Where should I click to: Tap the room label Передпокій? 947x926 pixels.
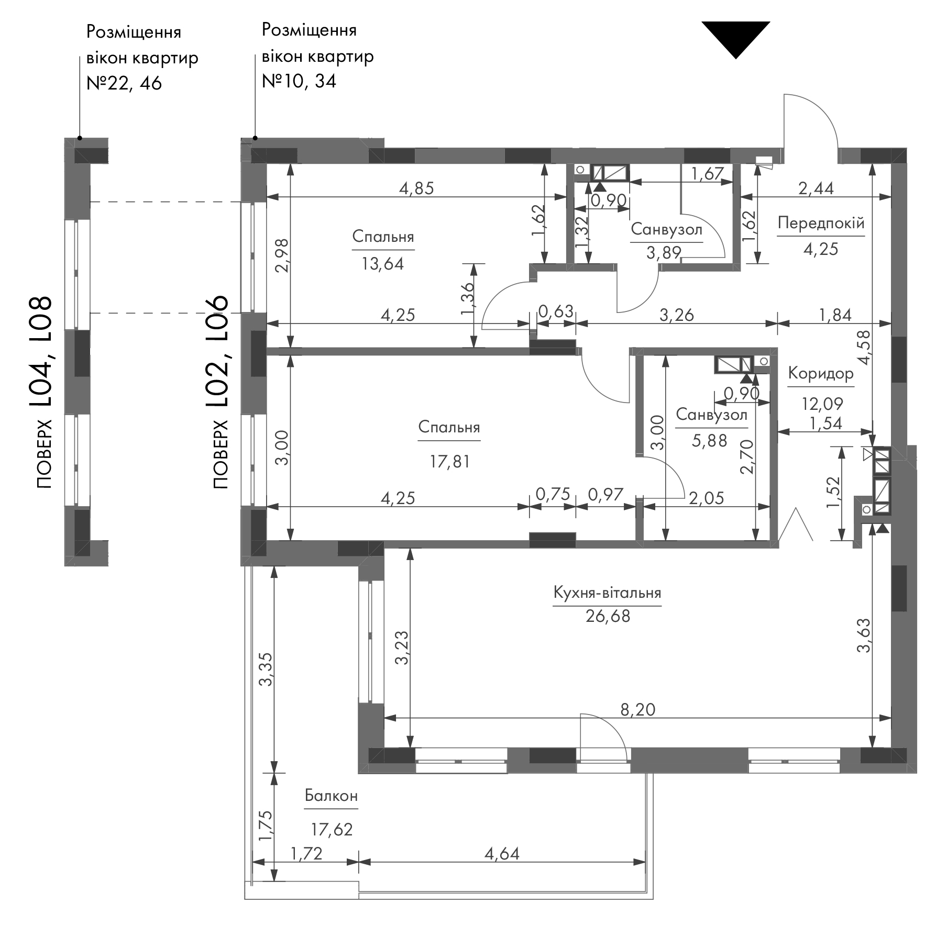820,224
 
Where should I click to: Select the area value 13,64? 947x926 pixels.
382,263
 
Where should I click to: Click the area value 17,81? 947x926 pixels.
449,461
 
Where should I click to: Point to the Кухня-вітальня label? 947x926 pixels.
607,593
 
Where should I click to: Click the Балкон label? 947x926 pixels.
331,796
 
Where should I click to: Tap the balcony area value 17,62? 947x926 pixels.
332,829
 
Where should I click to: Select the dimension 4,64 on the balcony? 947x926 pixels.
502,854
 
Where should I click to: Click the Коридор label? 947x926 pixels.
821,374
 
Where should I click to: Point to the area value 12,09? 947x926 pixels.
822,404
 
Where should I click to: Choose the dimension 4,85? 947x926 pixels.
416,188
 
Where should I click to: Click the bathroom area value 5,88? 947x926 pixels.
710,440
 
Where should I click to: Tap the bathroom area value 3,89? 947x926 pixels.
664,253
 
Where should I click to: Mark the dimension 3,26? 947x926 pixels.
676,315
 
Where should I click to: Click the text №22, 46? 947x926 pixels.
124,83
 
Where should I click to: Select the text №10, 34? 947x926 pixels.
299,81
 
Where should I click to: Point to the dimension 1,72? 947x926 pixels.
306,854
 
